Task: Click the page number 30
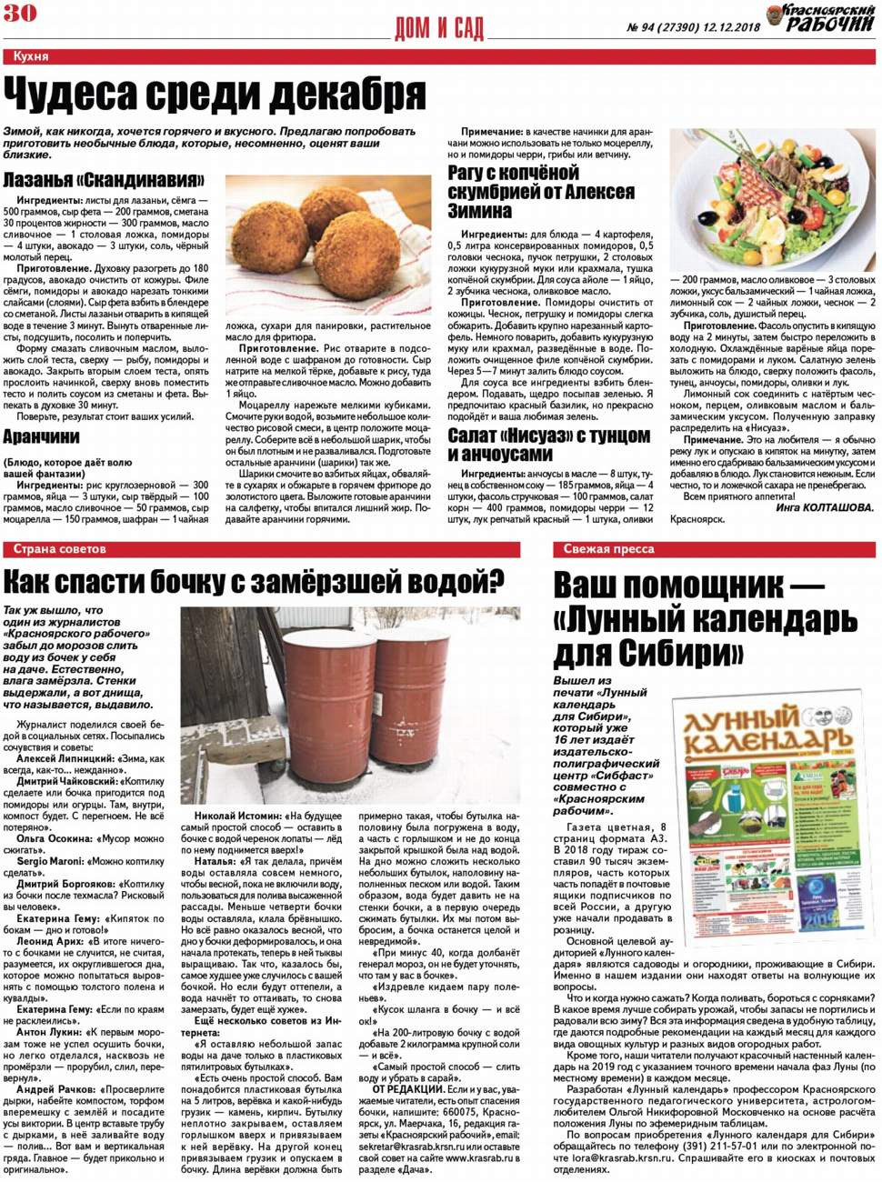19,13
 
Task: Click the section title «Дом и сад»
439,28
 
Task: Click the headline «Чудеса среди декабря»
215,94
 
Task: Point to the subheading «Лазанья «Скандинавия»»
104,180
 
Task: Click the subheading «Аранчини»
41,437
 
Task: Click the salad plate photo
772,200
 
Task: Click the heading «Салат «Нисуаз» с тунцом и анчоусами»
548,445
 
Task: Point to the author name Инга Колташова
825,507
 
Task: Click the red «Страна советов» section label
60,549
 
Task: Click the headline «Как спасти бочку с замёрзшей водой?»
255,581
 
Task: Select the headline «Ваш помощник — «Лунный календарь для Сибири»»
705,619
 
